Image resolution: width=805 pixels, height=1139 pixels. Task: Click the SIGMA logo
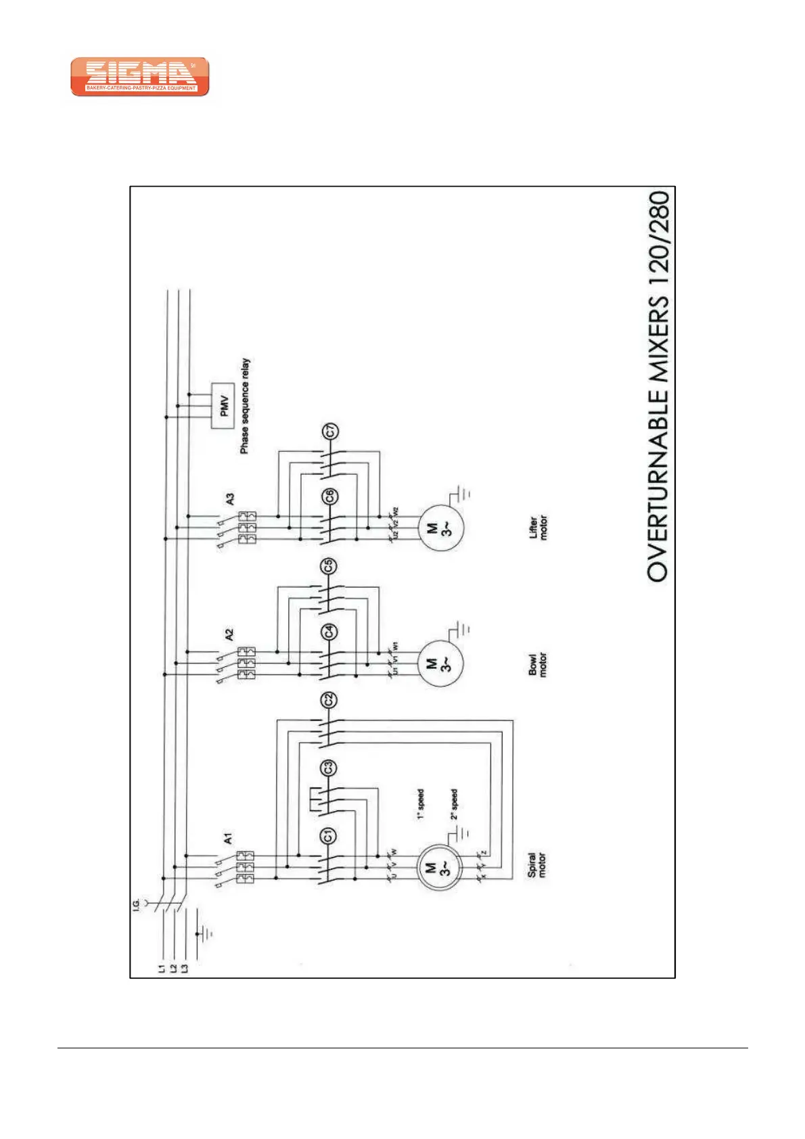(140, 76)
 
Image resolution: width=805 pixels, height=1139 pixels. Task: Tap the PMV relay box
(225, 406)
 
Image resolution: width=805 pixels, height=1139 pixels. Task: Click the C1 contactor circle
(328, 836)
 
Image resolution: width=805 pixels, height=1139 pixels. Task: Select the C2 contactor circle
(329, 700)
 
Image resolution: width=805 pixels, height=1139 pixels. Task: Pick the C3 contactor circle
(328, 768)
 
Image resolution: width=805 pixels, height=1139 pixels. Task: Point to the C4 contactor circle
(329, 632)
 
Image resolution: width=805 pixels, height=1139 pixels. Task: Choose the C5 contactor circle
(329, 565)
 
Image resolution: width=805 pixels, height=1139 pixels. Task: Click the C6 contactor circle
(329, 497)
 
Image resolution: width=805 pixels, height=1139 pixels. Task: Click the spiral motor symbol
(438, 868)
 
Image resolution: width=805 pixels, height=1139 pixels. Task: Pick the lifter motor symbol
(438, 528)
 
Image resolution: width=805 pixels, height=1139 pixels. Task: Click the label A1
(229, 839)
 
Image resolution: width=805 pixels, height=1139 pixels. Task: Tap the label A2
(229, 635)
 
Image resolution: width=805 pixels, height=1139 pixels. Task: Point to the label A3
(230, 499)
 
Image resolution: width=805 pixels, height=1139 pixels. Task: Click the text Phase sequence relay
(245, 406)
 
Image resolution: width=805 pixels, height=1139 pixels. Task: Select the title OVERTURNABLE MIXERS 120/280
(659, 386)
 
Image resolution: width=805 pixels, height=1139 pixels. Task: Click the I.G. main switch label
(137, 904)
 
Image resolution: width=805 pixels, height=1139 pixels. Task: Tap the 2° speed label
(455, 804)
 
